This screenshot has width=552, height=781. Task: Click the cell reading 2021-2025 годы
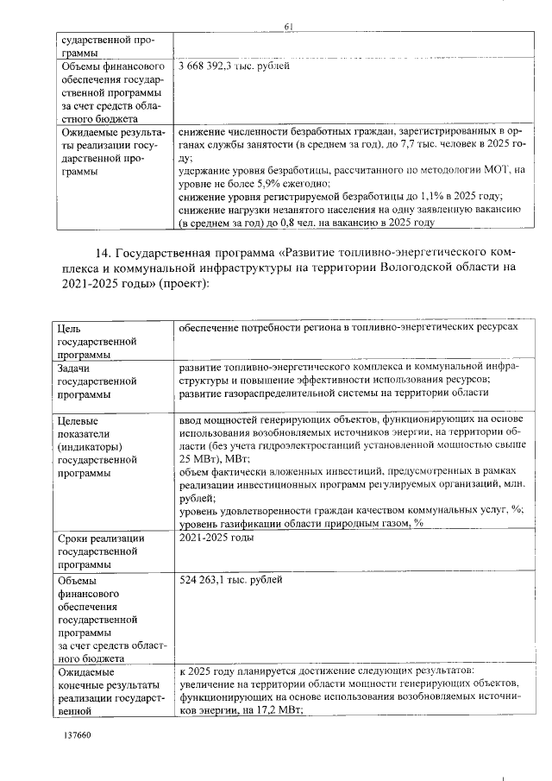(216, 538)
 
